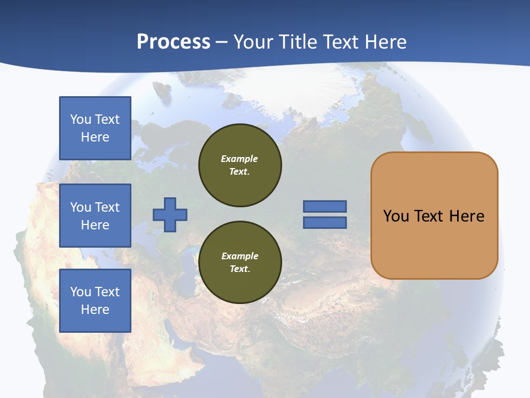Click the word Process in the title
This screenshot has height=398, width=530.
pyautogui.click(x=173, y=42)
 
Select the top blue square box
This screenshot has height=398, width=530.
pyautogui.click(x=95, y=128)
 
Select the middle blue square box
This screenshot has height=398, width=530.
pyautogui.click(x=95, y=216)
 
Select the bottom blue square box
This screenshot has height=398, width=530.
pyautogui.click(x=95, y=301)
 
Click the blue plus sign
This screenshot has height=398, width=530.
pyautogui.click(x=170, y=214)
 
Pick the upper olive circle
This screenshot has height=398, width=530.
pyautogui.click(x=240, y=165)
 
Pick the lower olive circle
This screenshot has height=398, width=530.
pyautogui.click(x=240, y=263)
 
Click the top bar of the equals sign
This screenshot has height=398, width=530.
pyautogui.click(x=325, y=206)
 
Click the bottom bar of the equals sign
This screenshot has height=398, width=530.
pyautogui.click(x=325, y=223)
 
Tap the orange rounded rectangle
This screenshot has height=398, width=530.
pyautogui.click(x=434, y=243)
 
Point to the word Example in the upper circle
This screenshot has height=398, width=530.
pyautogui.click(x=240, y=159)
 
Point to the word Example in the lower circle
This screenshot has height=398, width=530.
pyautogui.click(x=240, y=256)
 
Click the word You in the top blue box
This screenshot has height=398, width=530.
pyautogui.click(x=80, y=119)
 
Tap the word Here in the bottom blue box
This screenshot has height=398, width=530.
pyautogui.click(x=95, y=310)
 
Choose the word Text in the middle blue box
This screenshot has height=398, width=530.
pyautogui.click(x=107, y=207)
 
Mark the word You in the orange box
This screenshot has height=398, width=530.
pyautogui.click(x=396, y=216)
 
